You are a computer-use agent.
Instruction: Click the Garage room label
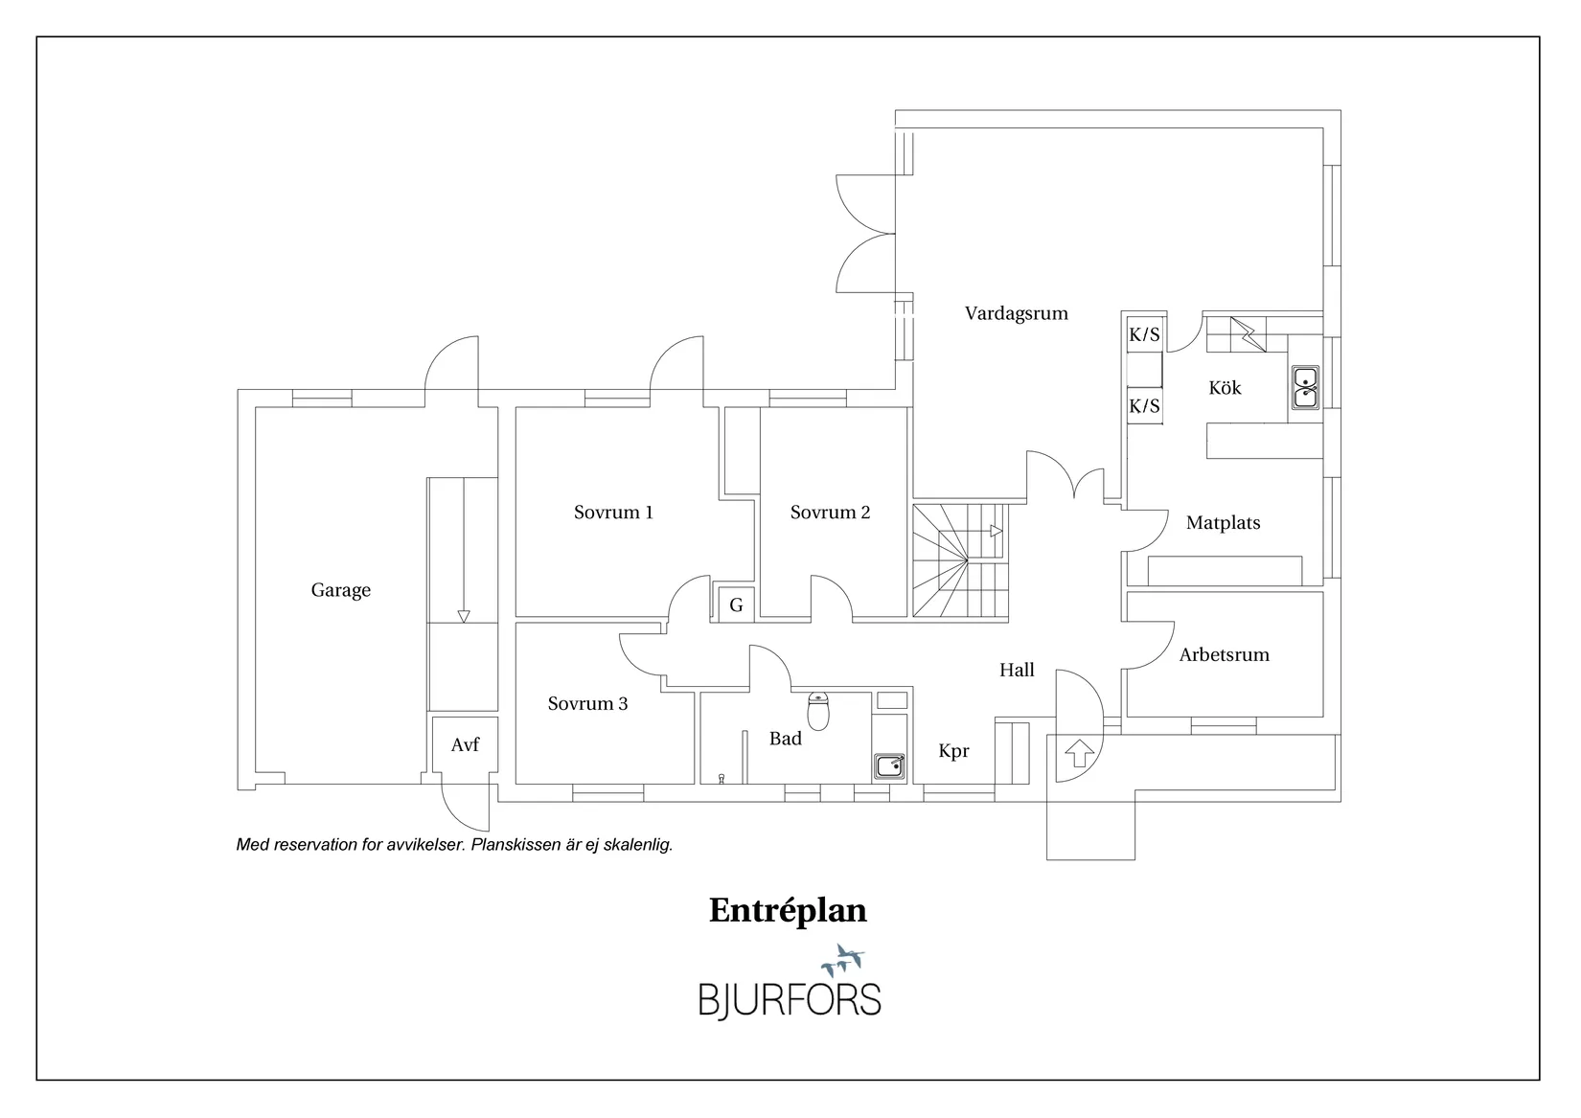[340, 590]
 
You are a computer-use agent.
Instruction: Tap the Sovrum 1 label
[613, 513]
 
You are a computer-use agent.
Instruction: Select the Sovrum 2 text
[830, 513]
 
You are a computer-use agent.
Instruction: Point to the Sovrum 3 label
[587, 704]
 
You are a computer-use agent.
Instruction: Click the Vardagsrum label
[1016, 313]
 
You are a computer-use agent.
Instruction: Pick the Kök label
[1225, 388]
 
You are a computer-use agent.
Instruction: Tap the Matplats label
[1223, 523]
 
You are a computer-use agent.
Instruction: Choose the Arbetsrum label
[1224, 655]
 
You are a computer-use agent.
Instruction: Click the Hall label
[1017, 671]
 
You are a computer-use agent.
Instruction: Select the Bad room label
[785, 739]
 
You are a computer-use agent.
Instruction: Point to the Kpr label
[953, 751]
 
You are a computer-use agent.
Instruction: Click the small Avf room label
[465, 744]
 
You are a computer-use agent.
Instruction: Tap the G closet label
[736, 605]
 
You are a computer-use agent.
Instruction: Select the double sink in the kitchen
[1304, 387]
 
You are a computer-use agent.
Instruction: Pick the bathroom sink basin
[889, 765]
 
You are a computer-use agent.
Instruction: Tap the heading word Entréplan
[788, 910]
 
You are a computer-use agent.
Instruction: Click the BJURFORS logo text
[789, 998]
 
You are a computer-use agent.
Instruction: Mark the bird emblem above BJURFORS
[843, 959]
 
